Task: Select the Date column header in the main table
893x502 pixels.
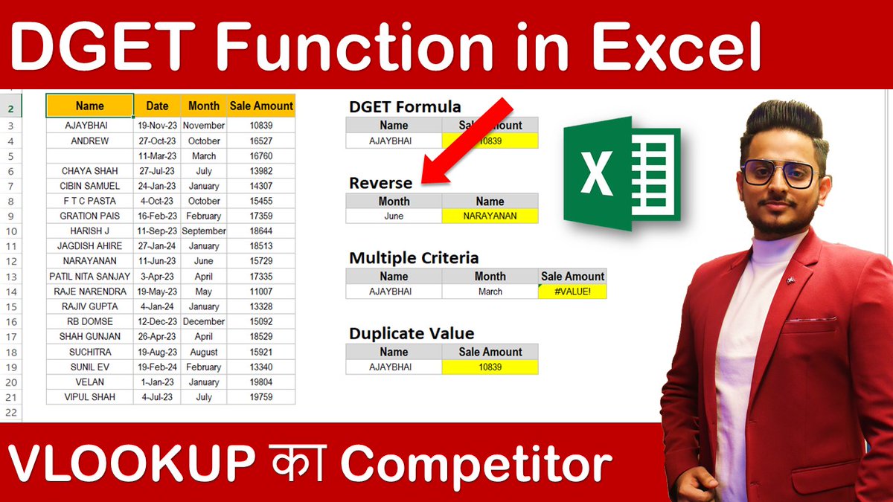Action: click(157, 106)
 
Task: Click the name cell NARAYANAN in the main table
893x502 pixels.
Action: click(90, 261)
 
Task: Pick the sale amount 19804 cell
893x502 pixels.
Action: click(261, 382)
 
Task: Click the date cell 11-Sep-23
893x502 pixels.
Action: click(157, 231)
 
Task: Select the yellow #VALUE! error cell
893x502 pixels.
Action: click(572, 292)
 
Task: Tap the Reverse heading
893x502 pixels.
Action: click(380, 183)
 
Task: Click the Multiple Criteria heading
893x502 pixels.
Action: click(414, 258)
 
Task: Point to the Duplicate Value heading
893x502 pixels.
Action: click(412, 333)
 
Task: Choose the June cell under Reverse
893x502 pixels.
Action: click(394, 216)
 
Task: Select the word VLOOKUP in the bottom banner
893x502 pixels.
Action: click(127, 464)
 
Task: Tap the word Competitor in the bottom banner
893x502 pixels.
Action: click(476, 464)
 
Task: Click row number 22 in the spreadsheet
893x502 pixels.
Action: click(10, 412)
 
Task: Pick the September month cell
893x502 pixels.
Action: click(203, 231)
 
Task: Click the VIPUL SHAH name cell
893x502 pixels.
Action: click(90, 397)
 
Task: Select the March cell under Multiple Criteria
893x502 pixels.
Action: click(490, 292)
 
